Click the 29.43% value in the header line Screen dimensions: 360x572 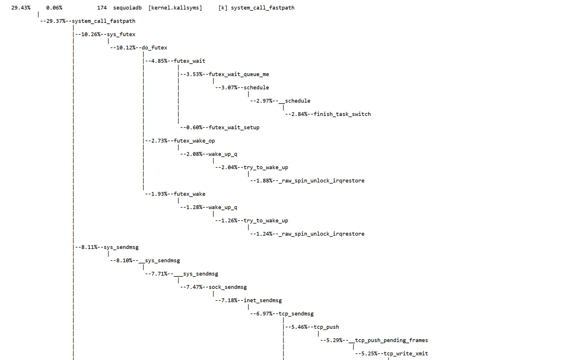point(21,8)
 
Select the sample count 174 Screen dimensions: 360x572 point(102,8)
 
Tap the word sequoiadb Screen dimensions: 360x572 point(127,8)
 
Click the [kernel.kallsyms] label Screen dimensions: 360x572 point(175,8)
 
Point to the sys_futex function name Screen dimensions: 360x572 point(121,34)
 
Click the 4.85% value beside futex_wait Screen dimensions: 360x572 point(159,61)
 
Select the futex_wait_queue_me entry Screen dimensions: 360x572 point(239,74)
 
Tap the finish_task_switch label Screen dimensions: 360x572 point(342,114)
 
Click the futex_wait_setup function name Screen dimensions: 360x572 point(234,127)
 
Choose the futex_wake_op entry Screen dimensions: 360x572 point(194,141)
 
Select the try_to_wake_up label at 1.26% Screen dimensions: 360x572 point(266,221)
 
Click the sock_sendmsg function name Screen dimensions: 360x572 point(228,287)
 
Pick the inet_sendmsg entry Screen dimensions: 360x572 point(262,300)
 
